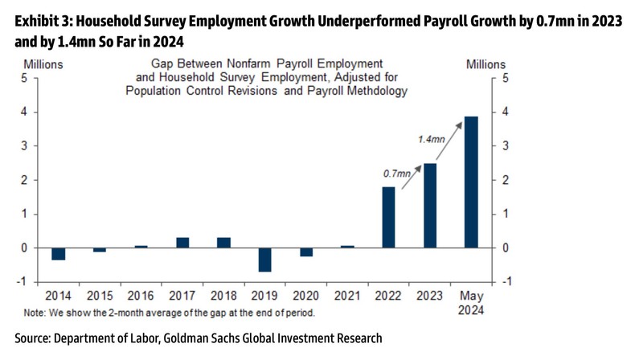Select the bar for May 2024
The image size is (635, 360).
(x=471, y=182)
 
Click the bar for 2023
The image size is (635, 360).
(x=430, y=206)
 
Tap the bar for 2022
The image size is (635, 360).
(x=388, y=217)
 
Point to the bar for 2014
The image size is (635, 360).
(x=58, y=254)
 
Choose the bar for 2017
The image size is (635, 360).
(x=182, y=243)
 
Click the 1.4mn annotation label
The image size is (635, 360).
(x=431, y=140)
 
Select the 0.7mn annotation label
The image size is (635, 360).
(x=395, y=173)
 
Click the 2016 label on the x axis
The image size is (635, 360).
(x=141, y=295)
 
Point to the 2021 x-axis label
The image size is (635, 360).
(x=347, y=295)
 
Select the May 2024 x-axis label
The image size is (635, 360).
(x=471, y=302)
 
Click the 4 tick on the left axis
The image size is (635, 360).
(x=25, y=112)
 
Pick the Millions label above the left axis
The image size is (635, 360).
(x=43, y=64)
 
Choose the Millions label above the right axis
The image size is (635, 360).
(x=485, y=64)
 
